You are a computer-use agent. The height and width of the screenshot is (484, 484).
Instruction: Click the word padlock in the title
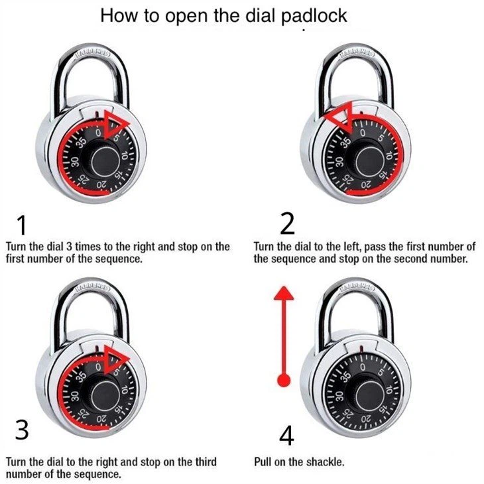(314, 16)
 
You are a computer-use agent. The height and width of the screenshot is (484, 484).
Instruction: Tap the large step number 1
(22, 225)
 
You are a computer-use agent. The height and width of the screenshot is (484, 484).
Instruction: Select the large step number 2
(287, 224)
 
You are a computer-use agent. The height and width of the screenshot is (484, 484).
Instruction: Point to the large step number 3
(22, 430)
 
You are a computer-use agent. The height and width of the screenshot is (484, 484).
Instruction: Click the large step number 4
(286, 435)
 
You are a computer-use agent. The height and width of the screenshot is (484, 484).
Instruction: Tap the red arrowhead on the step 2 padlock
(340, 118)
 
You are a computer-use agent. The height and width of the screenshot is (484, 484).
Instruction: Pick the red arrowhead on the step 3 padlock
(116, 359)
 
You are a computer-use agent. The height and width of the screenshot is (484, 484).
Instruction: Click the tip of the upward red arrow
(284, 286)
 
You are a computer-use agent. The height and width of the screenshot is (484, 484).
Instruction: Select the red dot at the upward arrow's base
(284, 380)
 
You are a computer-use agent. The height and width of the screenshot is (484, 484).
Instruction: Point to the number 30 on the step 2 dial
(339, 162)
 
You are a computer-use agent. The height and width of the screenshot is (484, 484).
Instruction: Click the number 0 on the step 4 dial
(363, 367)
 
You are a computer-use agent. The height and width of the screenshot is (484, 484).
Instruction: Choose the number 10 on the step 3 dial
(124, 390)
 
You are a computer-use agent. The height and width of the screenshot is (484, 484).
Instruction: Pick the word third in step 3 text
(206, 462)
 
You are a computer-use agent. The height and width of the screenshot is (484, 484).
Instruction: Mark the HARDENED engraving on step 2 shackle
(356, 54)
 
